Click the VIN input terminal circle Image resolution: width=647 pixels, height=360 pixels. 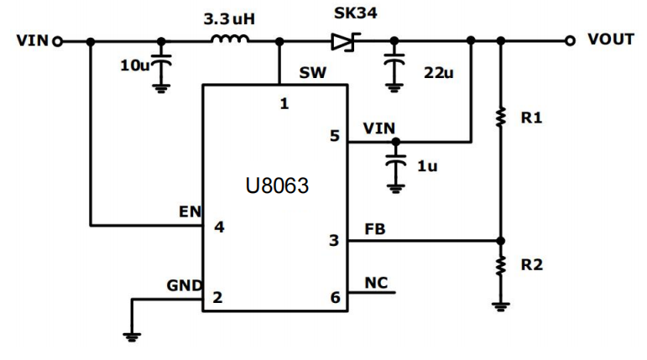57,40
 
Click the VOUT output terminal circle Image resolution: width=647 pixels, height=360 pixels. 571,40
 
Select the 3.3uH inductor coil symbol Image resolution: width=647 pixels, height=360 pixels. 228,39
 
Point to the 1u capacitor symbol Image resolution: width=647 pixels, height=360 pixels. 394,164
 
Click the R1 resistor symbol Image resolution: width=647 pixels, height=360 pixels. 501,117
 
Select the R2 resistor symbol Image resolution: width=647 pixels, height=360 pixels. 501,266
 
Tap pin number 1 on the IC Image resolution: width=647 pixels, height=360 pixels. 284,104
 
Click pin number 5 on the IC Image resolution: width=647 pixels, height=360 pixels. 334,136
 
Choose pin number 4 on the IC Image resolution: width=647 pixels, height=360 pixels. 218,227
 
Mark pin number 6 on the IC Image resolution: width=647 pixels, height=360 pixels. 334,297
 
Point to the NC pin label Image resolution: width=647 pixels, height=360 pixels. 376,283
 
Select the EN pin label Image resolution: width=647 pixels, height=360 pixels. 190,212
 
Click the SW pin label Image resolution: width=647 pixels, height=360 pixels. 312,73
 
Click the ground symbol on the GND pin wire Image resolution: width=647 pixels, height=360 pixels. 131,336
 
